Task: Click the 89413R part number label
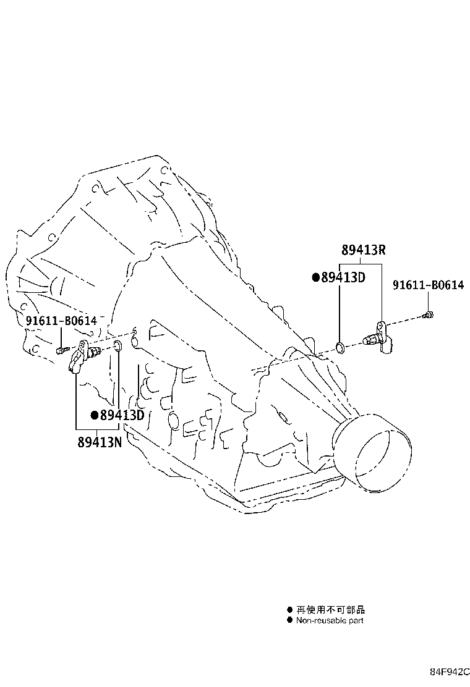(364, 250)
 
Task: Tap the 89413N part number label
(100, 442)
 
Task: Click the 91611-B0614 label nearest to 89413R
(429, 285)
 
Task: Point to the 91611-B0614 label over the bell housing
(61, 321)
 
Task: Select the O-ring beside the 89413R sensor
(340, 348)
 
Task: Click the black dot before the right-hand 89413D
(315, 277)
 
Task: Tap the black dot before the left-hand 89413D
(94, 415)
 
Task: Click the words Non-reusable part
(330, 620)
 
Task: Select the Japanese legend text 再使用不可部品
(331, 609)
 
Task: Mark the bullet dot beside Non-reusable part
(289, 620)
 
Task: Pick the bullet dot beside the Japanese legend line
(289, 609)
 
